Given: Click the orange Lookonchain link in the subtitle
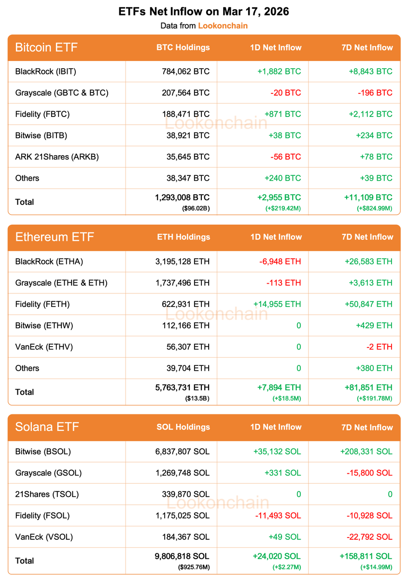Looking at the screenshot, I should point(223,26).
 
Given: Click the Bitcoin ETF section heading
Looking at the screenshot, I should point(46,47).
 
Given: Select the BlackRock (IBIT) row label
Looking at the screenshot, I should point(46,72).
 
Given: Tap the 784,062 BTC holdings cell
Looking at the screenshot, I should point(186,72).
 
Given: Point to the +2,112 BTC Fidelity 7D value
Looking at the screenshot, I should point(370,114).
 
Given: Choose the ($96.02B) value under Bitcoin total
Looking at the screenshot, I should point(196,208).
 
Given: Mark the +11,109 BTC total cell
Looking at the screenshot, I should point(368,197).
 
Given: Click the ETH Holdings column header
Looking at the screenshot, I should point(183,237).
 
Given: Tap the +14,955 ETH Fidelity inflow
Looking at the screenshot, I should point(277,304).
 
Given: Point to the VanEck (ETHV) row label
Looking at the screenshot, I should point(44,347).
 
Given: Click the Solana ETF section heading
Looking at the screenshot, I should point(47,427).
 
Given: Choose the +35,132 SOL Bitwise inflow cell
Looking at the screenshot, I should point(277,451).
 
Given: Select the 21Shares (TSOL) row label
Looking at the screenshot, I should point(47,494).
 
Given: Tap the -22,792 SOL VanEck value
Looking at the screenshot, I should point(369,536).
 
